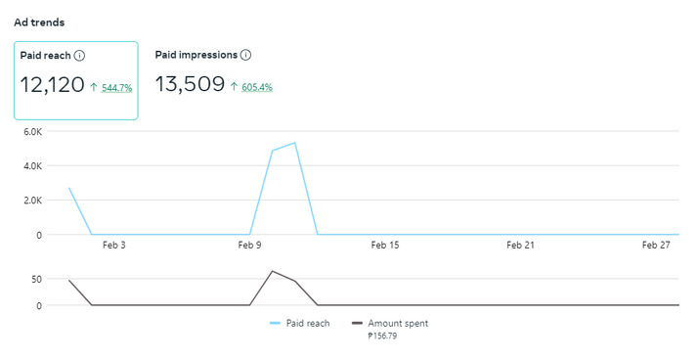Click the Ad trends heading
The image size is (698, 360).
click(x=39, y=22)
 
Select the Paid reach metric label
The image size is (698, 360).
click(x=45, y=56)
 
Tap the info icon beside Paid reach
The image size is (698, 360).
click(x=79, y=56)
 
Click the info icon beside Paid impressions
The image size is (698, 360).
click(x=245, y=55)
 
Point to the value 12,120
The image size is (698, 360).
click(x=52, y=85)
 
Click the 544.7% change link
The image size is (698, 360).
click(x=116, y=88)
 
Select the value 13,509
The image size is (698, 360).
click(x=190, y=84)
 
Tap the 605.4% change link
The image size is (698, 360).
click(x=257, y=87)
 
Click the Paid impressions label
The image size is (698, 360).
click(x=196, y=55)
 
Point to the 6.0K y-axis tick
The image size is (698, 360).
click(x=33, y=131)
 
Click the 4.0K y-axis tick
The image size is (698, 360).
click(x=33, y=166)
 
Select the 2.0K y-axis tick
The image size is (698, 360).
click(x=33, y=201)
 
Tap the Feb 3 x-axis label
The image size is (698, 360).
click(x=114, y=245)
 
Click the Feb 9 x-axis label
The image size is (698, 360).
click(x=249, y=245)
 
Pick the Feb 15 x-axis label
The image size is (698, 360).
click(x=385, y=245)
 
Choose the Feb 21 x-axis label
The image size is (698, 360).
click(x=520, y=245)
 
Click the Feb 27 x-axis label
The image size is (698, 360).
click(x=656, y=245)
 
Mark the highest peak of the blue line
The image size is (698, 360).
click(x=294, y=143)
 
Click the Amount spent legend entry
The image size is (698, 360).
click(x=390, y=324)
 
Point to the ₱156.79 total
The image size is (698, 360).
click(x=382, y=336)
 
